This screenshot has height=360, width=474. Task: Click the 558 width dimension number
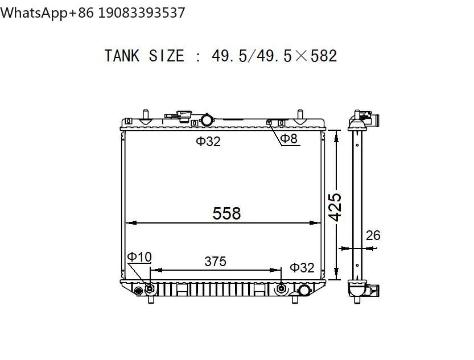tap(226, 213)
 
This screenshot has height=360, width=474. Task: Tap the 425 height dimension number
tap(335, 207)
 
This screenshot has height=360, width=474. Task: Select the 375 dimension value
tap(215, 262)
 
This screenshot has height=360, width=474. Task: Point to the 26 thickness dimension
tap(373, 235)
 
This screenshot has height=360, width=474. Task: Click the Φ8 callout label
tap(288, 139)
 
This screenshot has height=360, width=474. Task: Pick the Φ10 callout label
tap(139, 256)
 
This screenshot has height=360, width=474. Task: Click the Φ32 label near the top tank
tap(208, 142)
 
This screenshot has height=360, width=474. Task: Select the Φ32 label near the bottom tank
tap(302, 268)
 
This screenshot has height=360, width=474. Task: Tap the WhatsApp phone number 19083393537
tap(142, 13)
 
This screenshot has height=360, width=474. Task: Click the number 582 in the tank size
tap(324, 56)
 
